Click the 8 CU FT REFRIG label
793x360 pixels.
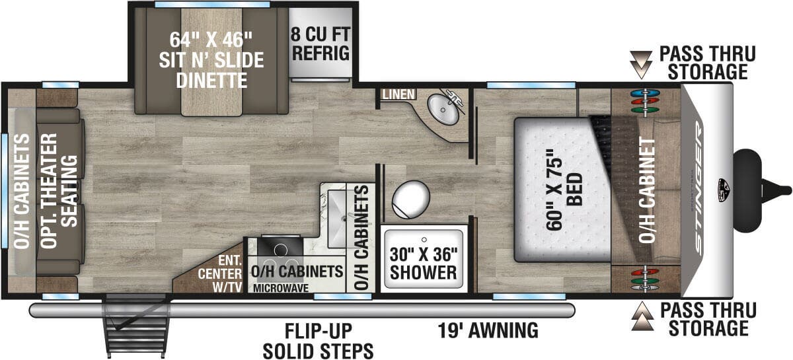[x=322, y=44]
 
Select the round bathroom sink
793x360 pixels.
[x=440, y=108]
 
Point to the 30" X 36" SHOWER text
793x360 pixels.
[x=423, y=263]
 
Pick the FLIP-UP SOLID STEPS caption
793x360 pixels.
[x=318, y=341]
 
